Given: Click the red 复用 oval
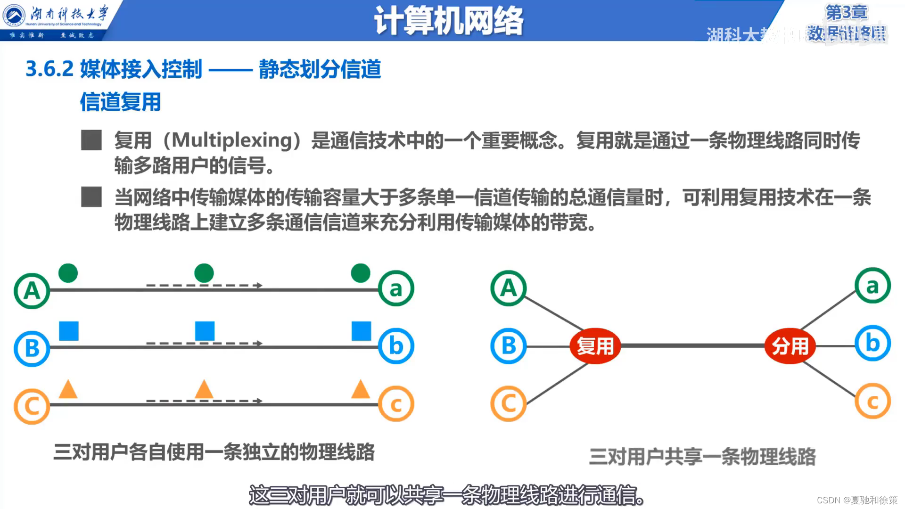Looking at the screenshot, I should pyautogui.click(x=595, y=346).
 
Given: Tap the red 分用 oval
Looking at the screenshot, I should pyautogui.click(x=790, y=346).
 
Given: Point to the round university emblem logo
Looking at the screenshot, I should pyautogui.click(x=14, y=16).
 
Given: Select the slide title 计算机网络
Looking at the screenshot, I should pyautogui.click(x=448, y=21).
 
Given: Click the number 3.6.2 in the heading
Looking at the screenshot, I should pyautogui.click(x=49, y=69).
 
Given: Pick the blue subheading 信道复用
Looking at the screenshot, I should pyautogui.click(x=120, y=102).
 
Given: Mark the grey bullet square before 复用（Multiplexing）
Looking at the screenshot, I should pyautogui.click(x=91, y=140).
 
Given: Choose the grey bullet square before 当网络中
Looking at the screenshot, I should pyautogui.click(x=91, y=197).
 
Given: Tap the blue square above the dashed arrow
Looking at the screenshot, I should pyautogui.click(x=205, y=331).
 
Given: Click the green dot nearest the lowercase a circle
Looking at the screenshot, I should pyautogui.click(x=361, y=273).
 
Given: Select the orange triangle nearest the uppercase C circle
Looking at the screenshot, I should pyautogui.click(x=68, y=389).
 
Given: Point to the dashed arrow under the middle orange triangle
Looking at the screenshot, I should pyautogui.click(x=204, y=401).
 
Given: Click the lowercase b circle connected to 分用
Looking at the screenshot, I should pyautogui.click(x=872, y=344).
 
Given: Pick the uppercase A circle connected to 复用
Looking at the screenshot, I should pyautogui.click(x=508, y=288).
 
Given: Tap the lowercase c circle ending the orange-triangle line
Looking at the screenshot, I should pyautogui.click(x=396, y=404).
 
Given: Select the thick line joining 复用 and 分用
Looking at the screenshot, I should pyautogui.click(x=692, y=346).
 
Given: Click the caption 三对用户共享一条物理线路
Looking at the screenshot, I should pyautogui.click(x=702, y=456).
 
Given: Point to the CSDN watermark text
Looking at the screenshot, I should pyautogui.click(x=856, y=500).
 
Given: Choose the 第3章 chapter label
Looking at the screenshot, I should pyautogui.click(x=846, y=12).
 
